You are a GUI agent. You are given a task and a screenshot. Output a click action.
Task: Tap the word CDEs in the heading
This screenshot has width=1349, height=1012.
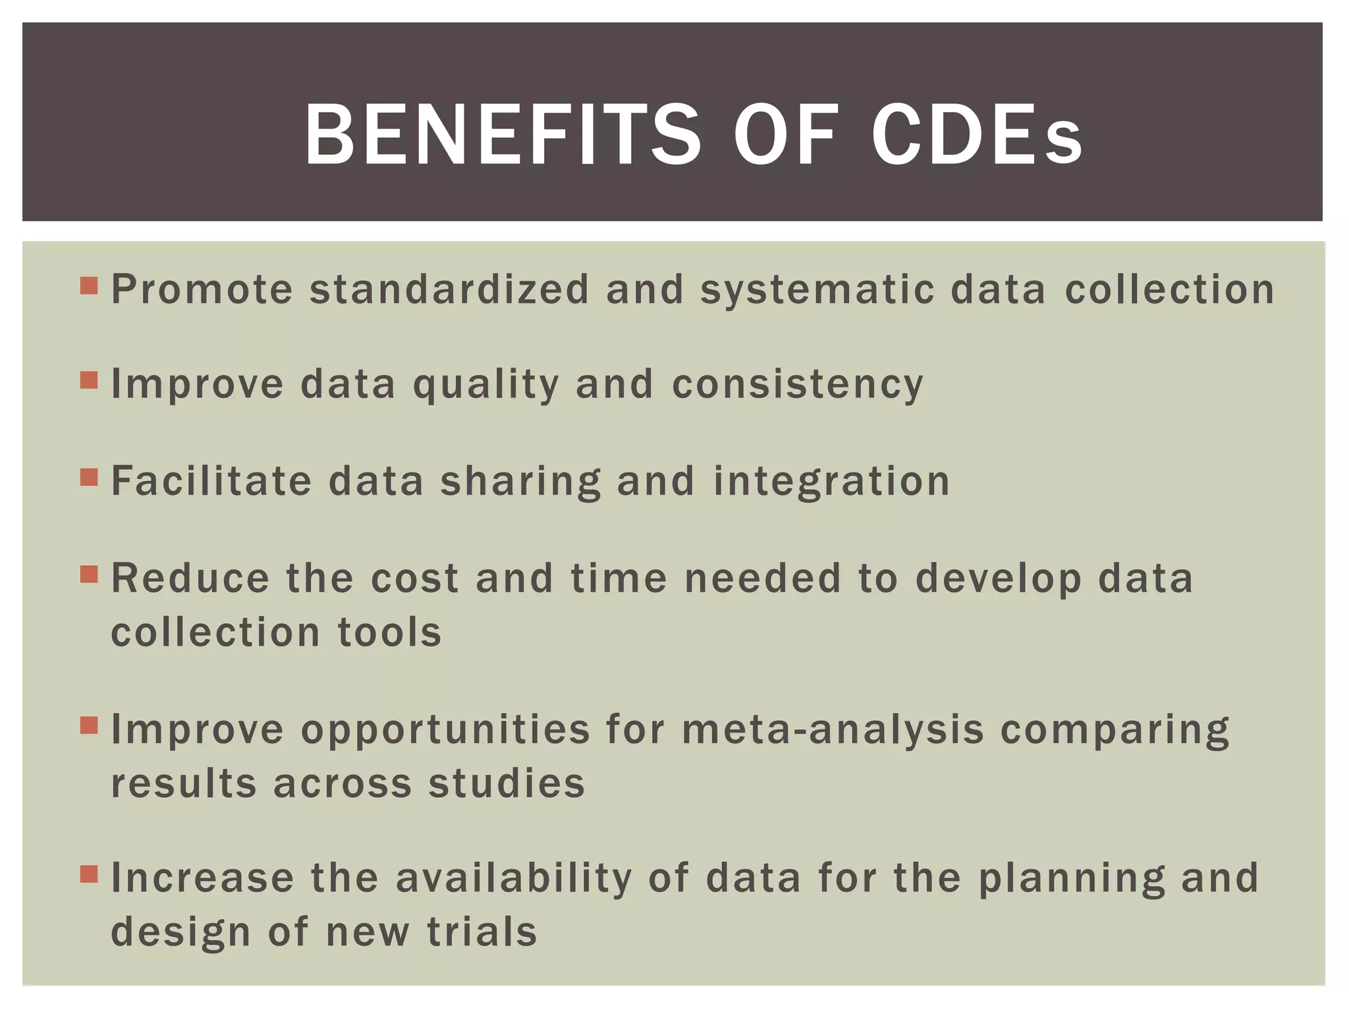(977, 135)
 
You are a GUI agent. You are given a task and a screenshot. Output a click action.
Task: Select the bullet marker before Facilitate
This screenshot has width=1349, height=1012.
(89, 477)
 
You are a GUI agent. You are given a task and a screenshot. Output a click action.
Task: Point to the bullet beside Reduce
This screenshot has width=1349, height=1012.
(89, 575)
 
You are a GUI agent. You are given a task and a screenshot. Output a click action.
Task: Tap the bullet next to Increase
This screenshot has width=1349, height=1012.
(89, 874)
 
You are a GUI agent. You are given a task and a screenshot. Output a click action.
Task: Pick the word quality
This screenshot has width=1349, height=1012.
(485, 385)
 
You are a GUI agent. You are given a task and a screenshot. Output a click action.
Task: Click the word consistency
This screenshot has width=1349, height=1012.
(798, 385)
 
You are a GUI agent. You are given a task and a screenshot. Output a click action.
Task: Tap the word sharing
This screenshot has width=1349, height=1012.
(520, 482)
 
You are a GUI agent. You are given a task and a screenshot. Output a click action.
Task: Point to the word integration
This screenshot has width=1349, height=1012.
(832, 482)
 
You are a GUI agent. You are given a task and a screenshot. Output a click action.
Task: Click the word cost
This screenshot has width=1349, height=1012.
(414, 578)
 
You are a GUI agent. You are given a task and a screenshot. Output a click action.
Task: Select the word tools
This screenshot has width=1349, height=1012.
(389, 632)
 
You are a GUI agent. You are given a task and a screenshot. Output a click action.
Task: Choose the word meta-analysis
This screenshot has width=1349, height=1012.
(833, 730)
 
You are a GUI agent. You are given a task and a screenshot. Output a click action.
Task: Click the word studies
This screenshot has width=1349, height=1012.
(507, 783)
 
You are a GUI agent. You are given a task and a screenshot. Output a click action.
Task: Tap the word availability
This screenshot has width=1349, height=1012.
(514, 879)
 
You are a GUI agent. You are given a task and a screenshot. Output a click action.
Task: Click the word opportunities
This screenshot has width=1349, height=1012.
(445, 731)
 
